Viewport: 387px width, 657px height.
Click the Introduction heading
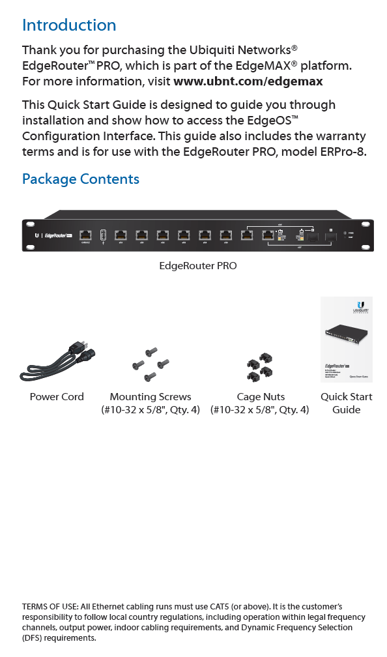coord(69,25)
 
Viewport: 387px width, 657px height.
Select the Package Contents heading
coord(81,179)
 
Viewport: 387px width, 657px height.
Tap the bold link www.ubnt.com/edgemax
coord(248,82)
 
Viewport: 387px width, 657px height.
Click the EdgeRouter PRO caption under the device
coord(198,266)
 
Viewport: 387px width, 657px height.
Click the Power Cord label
coord(57,397)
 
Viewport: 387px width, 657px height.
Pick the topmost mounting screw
coord(151,351)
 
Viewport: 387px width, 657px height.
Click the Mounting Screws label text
coord(150,397)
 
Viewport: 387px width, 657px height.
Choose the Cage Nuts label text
coord(261,397)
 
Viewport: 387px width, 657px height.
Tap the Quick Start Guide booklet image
coord(347,339)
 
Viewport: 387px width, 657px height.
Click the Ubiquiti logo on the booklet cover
coord(360,306)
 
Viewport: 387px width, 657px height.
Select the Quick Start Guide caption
coord(347,403)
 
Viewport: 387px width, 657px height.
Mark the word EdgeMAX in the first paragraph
coord(298,66)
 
